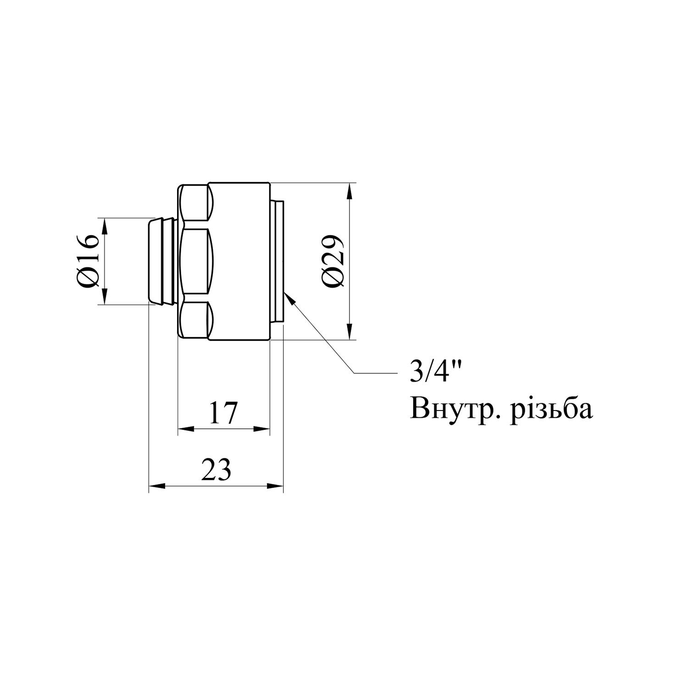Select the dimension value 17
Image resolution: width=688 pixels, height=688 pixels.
click(223, 413)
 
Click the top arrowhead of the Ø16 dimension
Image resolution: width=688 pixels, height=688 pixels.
click(105, 225)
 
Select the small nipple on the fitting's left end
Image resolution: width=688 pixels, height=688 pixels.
click(162, 261)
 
